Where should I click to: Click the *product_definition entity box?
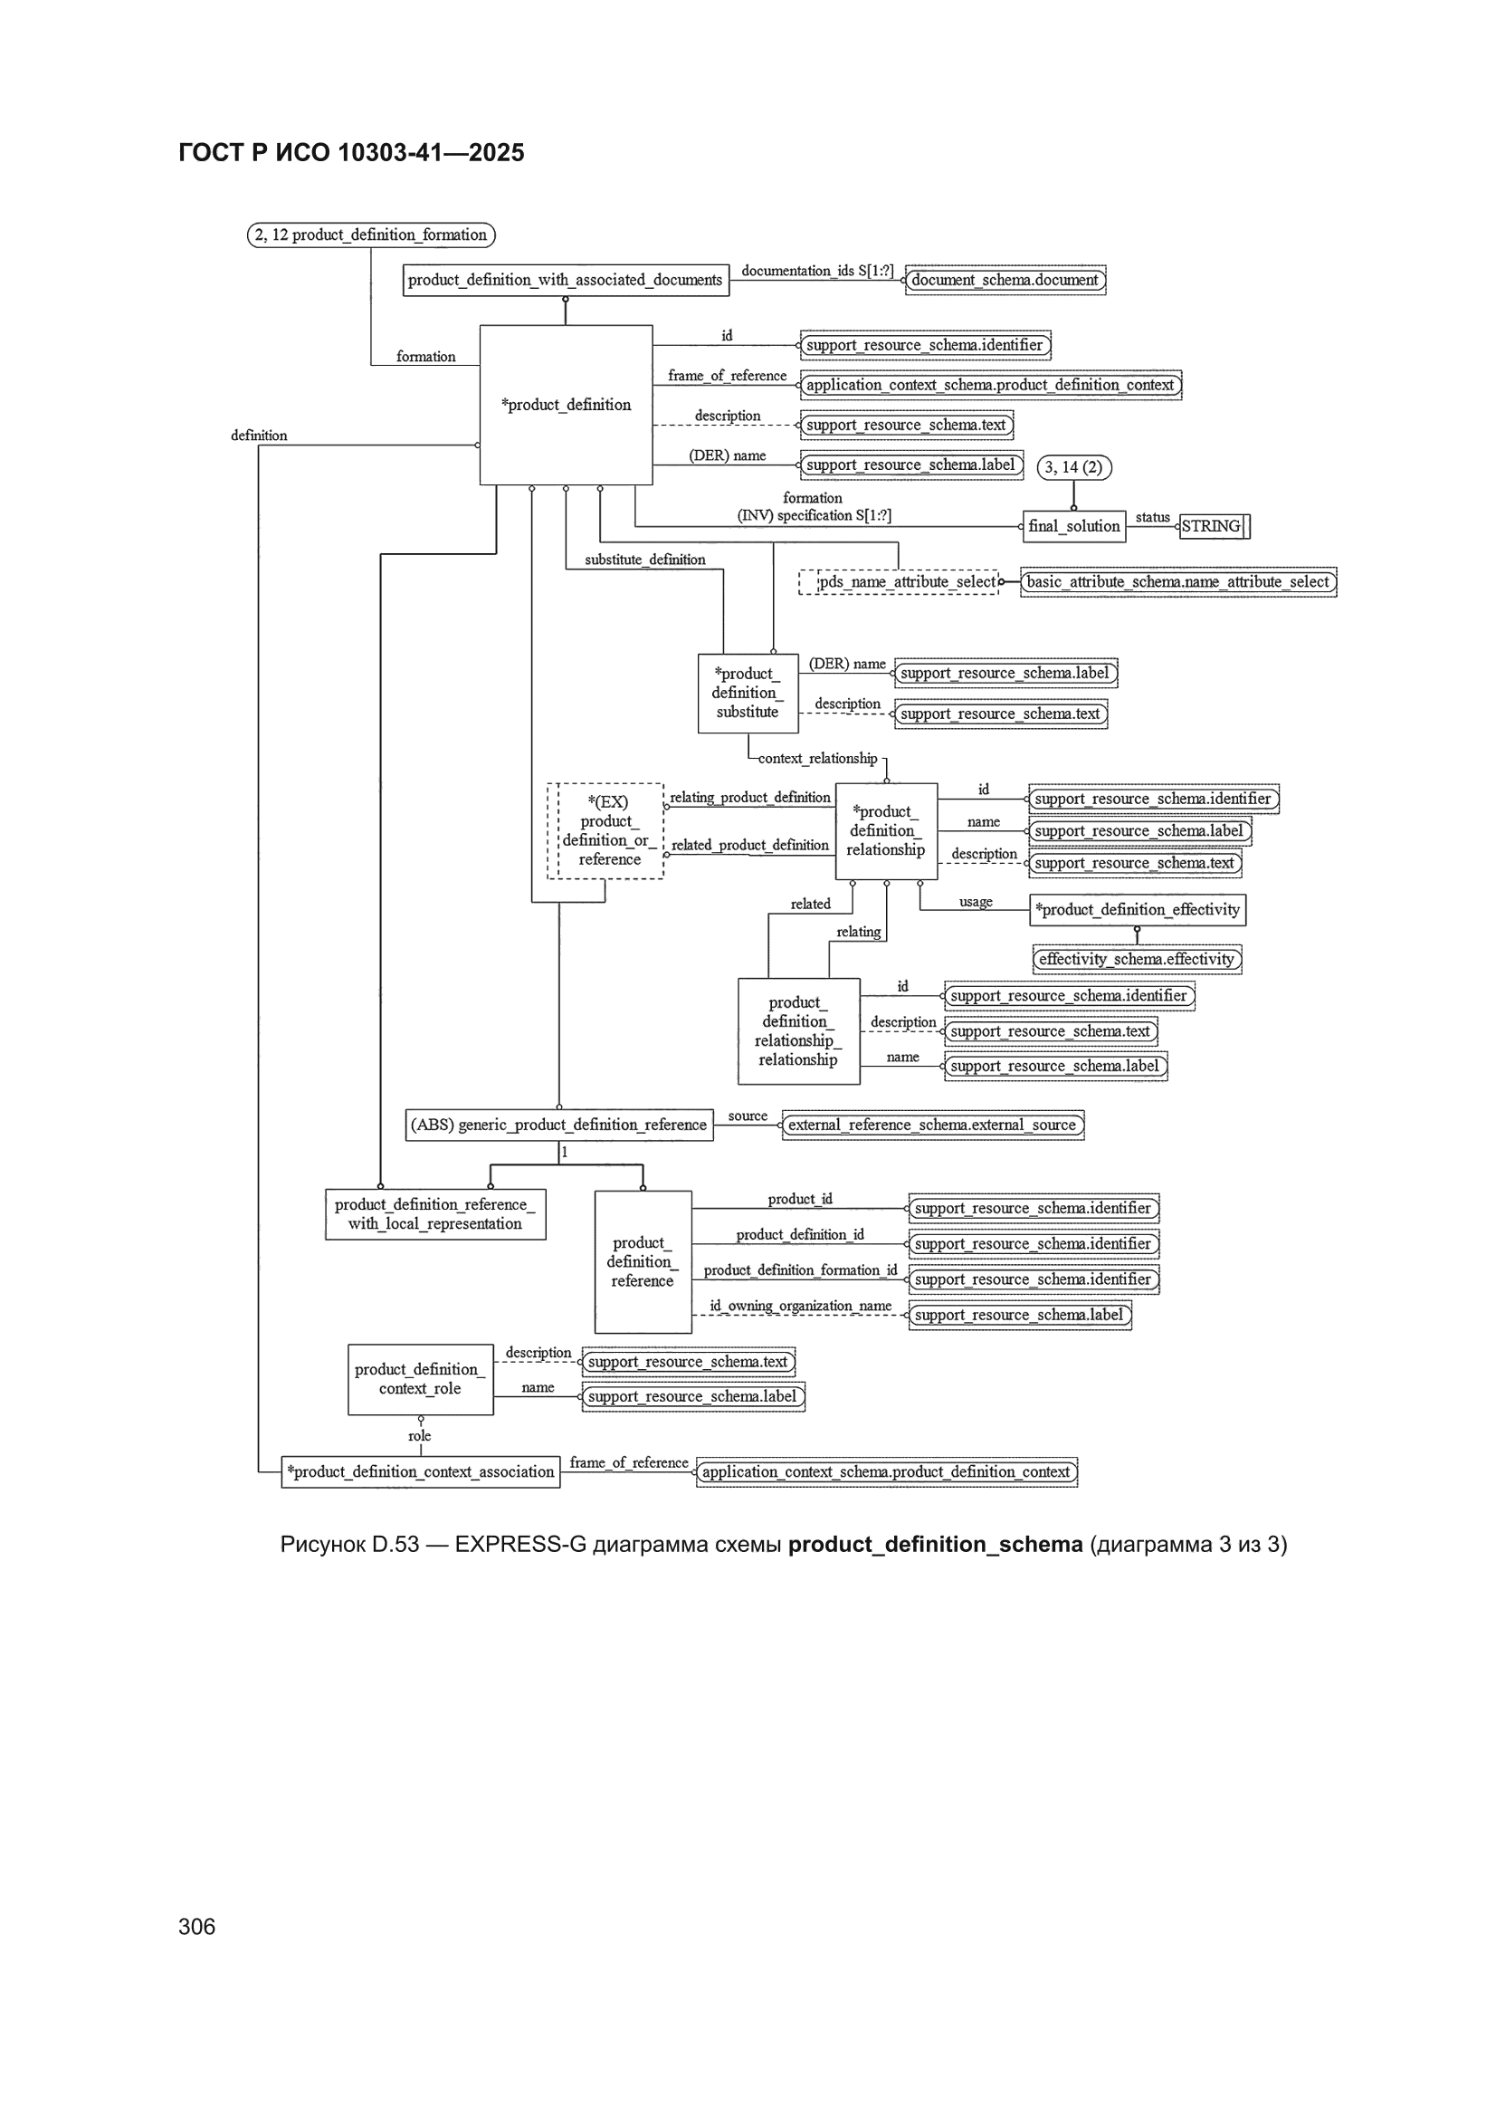(566, 404)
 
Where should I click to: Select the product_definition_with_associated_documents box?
(566, 281)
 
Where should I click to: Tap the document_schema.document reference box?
(1005, 281)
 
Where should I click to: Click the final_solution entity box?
(1074, 526)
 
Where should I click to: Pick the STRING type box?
(1214, 526)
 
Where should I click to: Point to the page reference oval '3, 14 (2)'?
(1074, 467)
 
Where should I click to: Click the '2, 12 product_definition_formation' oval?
(370, 235)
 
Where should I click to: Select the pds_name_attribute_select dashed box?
(899, 582)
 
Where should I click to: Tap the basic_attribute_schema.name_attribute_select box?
(1178, 582)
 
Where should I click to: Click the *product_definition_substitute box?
(748, 694)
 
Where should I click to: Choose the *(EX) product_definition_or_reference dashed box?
(605, 830)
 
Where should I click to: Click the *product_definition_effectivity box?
(1138, 910)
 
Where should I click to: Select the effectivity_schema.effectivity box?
(1137, 960)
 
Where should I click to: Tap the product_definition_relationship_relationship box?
(798, 1030)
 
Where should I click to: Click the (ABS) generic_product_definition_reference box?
(558, 1125)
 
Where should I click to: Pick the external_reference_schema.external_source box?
(933, 1125)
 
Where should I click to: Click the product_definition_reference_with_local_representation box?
(435, 1214)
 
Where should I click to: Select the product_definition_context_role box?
(420, 1379)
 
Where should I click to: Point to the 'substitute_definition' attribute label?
(645, 560)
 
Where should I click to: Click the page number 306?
(196, 1926)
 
